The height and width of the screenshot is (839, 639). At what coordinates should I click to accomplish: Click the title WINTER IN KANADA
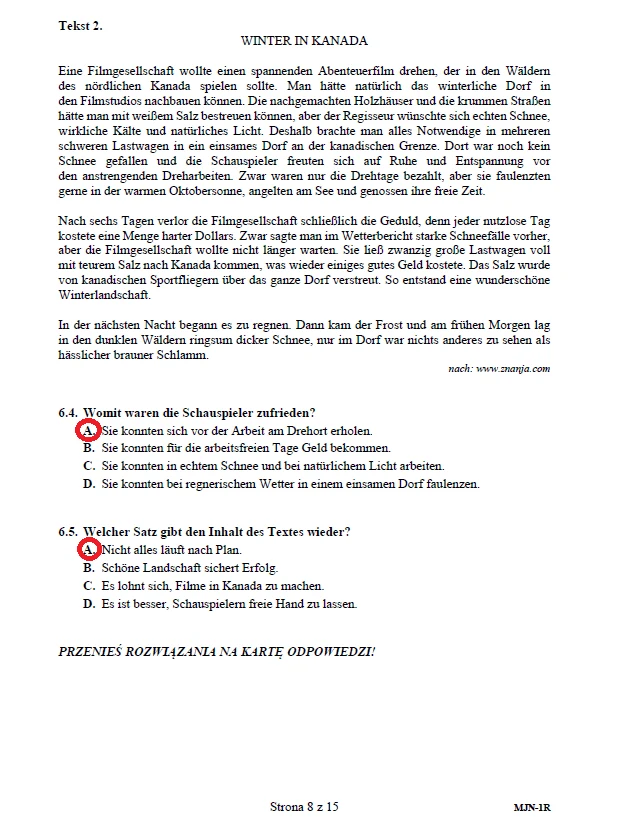coord(304,41)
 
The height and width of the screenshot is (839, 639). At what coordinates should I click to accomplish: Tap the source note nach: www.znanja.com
coord(499,369)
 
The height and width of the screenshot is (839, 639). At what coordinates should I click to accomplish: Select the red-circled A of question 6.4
coord(88,430)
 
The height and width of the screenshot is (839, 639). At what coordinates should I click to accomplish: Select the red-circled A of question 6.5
coord(88,550)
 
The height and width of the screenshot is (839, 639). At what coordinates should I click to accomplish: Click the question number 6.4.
coord(69,412)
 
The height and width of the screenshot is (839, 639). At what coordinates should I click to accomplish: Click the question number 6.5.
coord(69,532)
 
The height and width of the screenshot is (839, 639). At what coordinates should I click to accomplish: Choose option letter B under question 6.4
coord(89,448)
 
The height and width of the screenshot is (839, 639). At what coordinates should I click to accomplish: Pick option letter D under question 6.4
coord(89,484)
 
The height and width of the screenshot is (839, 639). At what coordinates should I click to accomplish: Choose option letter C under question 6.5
coord(89,586)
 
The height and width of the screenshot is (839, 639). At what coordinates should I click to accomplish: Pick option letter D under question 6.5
coord(89,604)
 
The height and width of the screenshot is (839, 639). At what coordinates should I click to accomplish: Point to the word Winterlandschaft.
coord(104,295)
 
